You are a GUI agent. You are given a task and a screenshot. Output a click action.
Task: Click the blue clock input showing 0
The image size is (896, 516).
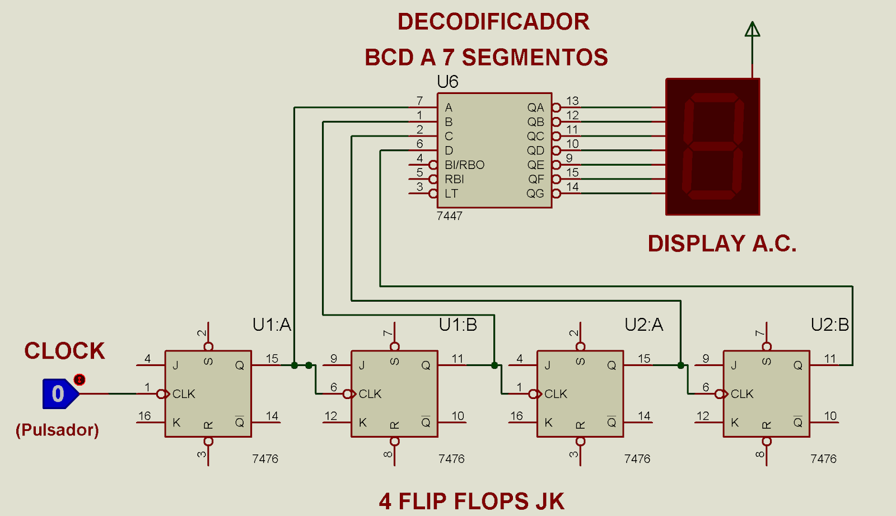(59, 393)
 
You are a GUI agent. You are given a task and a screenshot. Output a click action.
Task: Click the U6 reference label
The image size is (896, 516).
(447, 82)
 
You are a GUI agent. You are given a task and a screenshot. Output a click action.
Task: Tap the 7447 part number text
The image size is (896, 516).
(449, 216)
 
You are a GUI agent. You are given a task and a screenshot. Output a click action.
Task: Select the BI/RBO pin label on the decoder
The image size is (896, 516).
(464, 165)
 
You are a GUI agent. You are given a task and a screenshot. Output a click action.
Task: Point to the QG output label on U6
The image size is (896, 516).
(535, 194)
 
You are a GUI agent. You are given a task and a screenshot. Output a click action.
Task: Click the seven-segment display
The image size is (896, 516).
(712, 147)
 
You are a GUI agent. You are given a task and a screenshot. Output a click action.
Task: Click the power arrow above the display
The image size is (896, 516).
(752, 30)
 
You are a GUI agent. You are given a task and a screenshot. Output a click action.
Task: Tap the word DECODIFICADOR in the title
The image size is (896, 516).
(493, 22)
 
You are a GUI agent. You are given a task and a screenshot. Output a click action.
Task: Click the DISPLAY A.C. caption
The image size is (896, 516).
(722, 243)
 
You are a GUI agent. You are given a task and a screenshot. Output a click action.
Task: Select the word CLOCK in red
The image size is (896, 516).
(64, 351)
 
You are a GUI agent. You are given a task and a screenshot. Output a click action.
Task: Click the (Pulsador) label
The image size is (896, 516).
(57, 430)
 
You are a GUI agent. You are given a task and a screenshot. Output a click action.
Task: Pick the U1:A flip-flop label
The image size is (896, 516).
(272, 325)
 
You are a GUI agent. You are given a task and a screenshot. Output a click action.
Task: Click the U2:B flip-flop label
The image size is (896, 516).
(830, 325)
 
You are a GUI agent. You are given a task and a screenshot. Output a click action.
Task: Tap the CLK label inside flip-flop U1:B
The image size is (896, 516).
(370, 394)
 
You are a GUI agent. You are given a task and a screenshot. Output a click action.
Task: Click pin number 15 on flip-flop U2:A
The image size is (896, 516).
(644, 359)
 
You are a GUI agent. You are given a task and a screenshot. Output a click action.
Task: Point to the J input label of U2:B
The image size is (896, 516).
(734, 365)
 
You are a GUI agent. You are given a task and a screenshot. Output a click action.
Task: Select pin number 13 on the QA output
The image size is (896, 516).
(572, 101)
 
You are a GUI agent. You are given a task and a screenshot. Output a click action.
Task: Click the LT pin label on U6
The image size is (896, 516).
(451, 194)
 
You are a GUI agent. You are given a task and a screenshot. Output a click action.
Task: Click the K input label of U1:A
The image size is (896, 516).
(176, 423)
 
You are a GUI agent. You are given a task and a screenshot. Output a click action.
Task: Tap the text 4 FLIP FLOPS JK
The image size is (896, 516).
(472, 501)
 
